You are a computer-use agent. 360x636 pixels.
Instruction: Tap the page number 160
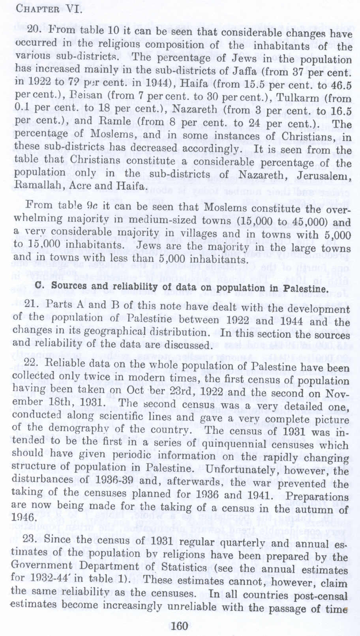point(180,625)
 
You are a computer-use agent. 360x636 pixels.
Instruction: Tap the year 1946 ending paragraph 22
point(24,517)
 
